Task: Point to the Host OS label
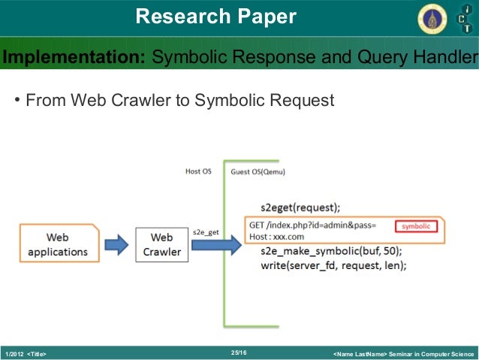(198, 171)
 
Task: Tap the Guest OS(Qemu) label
(258, 171)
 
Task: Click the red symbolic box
(415, 225)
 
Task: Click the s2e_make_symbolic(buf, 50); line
(331, 250)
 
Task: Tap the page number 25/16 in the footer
(239, 352)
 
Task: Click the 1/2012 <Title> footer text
(26, 353)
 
